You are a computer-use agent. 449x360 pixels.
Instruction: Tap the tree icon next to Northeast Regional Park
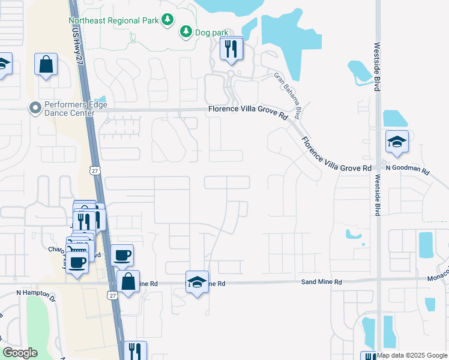tap(167, 20)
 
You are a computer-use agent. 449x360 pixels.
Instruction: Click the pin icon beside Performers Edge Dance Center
tap(35, 109)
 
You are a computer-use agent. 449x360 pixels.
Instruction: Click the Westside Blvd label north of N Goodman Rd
tap(377, 66)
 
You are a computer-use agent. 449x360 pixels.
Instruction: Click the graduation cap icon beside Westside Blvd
tap(397, 142)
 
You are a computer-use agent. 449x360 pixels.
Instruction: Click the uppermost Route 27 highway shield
tap(95, 170)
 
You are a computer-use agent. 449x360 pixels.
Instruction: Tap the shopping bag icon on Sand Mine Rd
tap(128, 281)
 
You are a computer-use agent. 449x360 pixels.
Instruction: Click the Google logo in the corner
tap(20, 353)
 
